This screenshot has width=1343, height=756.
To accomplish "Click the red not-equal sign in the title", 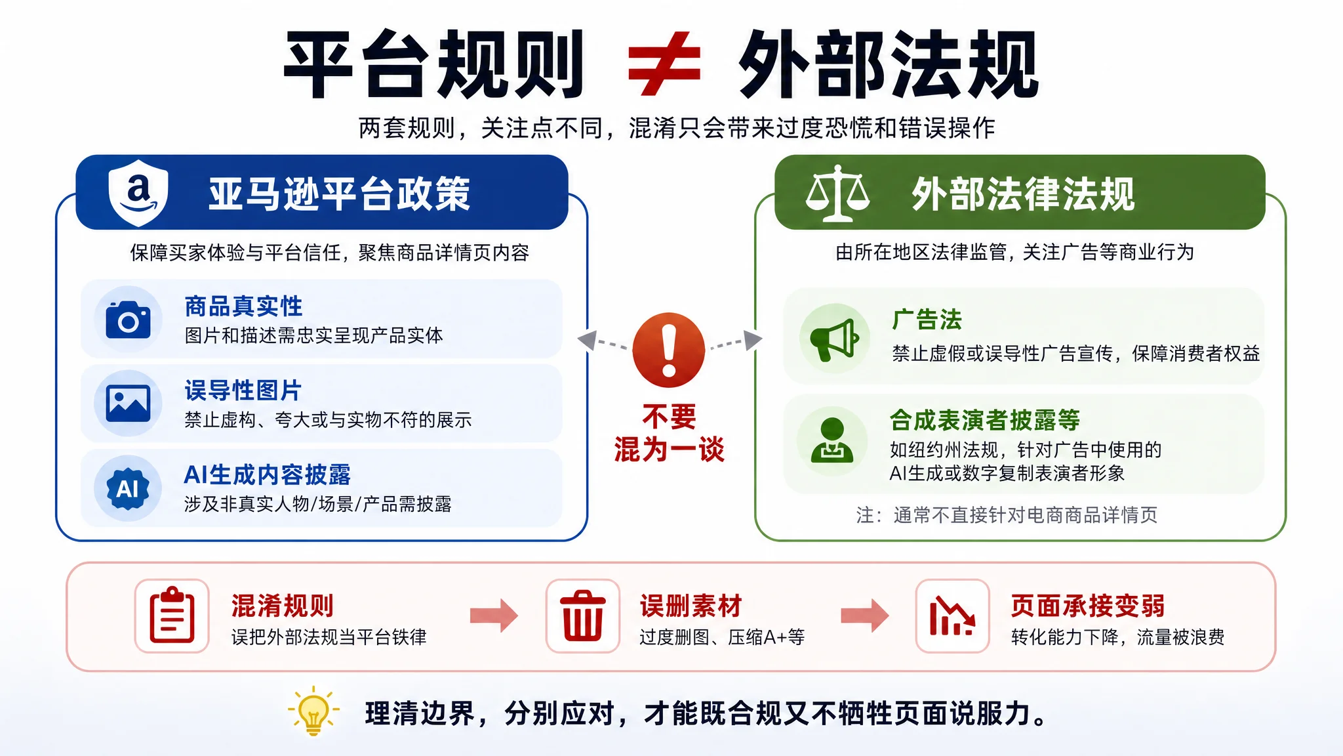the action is (664, 64).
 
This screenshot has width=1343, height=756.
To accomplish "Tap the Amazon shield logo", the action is (138, 192).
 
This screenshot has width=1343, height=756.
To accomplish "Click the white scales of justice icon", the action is (837, 193).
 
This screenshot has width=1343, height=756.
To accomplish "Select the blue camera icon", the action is (128, 320).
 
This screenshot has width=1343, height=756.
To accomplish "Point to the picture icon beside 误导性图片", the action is (128, 404).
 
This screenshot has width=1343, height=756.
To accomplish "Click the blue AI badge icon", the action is (128, 488).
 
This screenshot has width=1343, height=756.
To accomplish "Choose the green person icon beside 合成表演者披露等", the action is (832, 440).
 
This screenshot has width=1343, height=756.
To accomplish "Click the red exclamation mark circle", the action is (668, 350).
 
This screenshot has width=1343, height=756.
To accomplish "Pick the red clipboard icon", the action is (172, 616).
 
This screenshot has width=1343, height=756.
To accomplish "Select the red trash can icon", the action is (582, 616).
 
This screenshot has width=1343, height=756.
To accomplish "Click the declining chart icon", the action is (952, 616).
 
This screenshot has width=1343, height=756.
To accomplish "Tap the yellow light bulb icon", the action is (313, 711).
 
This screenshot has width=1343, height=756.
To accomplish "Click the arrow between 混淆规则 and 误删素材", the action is (494, 615).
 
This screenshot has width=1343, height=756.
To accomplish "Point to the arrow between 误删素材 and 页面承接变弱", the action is (865, 615).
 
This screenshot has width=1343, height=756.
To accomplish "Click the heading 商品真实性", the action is (243, 306).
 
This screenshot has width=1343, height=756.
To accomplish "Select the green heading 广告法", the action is (927, 320).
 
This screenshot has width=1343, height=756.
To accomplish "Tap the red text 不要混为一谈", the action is (669, 433).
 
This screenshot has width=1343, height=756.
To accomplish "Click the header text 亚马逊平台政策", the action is (340, 194).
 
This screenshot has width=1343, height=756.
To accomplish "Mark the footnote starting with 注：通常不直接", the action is (1007, 515).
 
